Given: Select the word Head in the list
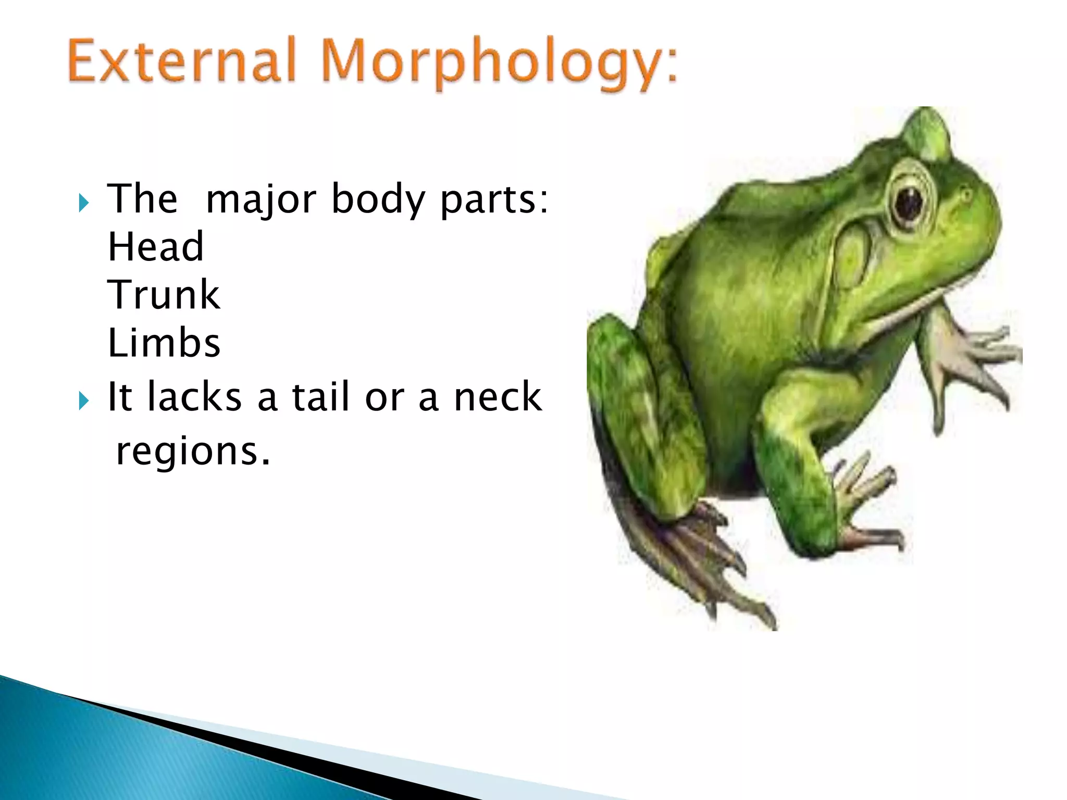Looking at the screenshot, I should (x=155, y=246).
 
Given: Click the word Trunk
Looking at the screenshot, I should (x=164, y=295).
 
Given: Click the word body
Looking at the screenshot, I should (x=378, y=200).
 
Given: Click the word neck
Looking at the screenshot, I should (x=498, y=397).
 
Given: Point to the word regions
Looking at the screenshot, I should (x=193, y=451).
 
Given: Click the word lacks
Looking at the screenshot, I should (x=194, y=397).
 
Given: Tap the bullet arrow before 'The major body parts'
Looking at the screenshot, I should (x=83, y=203).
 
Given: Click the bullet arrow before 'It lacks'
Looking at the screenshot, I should (x=83, y=401).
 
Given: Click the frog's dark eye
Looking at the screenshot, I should (x=909, y=203).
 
